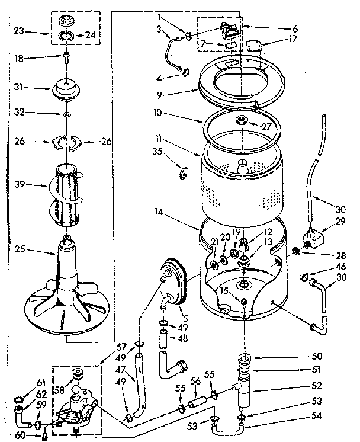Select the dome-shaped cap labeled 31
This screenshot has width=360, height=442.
[x=69, y=89]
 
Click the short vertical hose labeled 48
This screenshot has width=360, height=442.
[x=163, y=341]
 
